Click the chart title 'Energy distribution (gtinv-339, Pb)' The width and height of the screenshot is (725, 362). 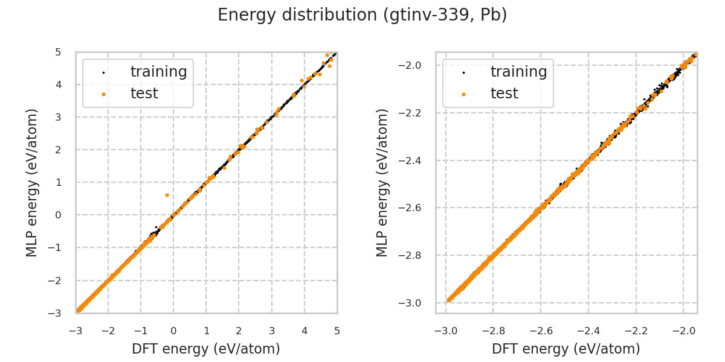(362, 15)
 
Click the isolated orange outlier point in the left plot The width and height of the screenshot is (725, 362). (167, 195)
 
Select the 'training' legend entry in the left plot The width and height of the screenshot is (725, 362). (158, 72)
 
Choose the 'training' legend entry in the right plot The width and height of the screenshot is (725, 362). (518, 72)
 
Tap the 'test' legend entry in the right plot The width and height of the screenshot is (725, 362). (504, 94)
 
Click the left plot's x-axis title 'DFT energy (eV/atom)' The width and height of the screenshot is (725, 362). (206, 349)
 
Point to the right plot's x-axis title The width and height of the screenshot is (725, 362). (566, 349)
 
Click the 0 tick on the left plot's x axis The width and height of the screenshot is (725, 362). (173, 331)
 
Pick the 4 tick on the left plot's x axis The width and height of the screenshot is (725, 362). (304, 331)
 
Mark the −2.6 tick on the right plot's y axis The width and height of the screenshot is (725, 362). (414, 208)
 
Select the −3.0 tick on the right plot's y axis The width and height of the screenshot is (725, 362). (414, 303)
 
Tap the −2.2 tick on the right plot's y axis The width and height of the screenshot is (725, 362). (414, 113)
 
